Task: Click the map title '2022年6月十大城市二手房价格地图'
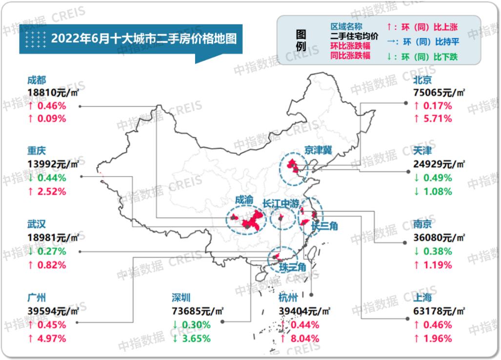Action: [144, 38]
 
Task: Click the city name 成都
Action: [37, 80]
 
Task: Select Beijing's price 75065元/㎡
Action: [439, 93]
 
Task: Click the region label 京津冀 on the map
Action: [318, 150]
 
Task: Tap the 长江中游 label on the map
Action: [281, 203]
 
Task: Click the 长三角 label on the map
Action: [325, 226]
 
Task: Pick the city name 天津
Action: [422, 152]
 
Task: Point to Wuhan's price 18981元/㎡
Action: [53, 238]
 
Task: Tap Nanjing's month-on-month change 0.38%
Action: [436, 252]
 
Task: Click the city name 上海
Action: [422, 298]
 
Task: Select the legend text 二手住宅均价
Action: [354, 36]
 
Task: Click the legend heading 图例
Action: [301, 40]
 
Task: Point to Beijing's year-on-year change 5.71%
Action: [436, 119]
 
